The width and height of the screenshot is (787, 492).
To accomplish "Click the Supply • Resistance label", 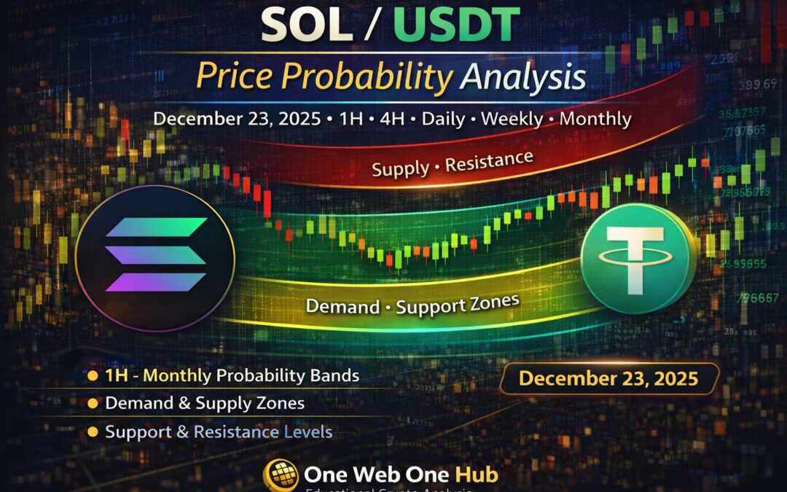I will [452, 164].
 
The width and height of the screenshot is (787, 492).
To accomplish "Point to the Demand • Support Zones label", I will [413, 304].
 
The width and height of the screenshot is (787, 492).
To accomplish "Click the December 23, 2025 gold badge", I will [608, 378].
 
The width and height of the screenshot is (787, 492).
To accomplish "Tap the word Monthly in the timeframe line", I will [595, 119].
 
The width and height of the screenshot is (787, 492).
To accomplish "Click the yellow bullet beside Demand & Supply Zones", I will [93, 403].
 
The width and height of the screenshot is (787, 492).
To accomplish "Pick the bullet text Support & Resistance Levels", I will [218, 432].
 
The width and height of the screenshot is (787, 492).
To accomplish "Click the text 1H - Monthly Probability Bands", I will [232, 375].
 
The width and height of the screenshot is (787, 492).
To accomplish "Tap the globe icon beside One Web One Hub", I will [281, 475].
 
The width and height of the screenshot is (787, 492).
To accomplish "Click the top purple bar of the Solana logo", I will [156, 227].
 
